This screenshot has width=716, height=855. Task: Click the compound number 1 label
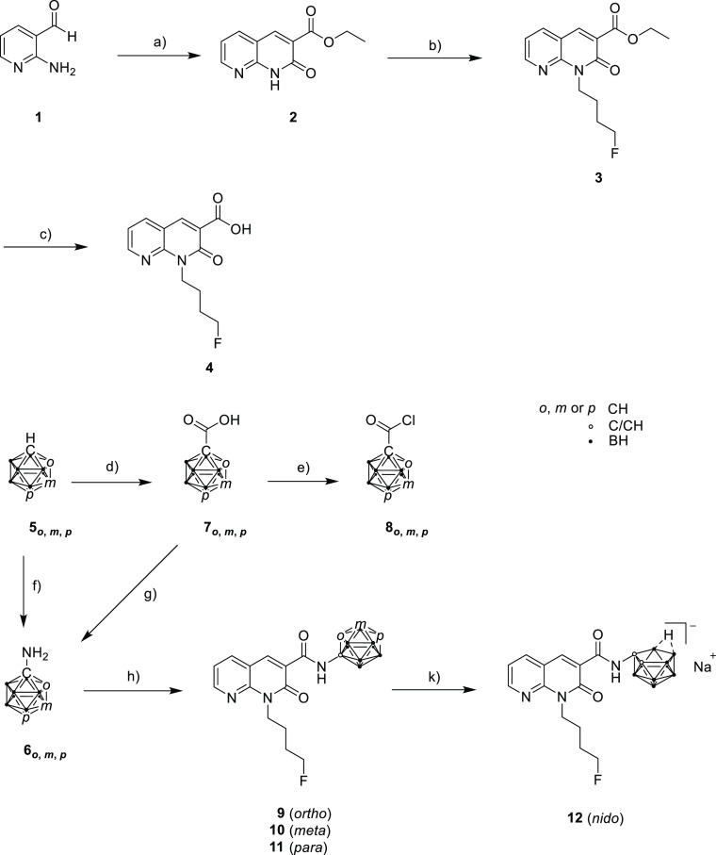[x=38, y=117]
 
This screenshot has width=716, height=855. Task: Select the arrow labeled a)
[x=159, y=55]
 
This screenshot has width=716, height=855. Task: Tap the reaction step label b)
[x=435, y=45]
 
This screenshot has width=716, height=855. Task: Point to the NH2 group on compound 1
[x=62, y=69]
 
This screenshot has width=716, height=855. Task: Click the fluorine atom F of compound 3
[x=614, y=154]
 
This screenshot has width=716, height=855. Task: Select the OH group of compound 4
[x=240, y=228]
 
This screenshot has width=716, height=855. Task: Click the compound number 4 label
[x=209, y=369]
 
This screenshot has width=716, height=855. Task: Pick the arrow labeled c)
[x=46, y=247]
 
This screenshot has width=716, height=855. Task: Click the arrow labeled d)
[x=112, y=482]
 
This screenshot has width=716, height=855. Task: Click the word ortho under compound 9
[x=311, y=814]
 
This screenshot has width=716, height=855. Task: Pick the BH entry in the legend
[x=618, y=440]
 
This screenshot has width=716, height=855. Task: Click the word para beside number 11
[x=310, y=847]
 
